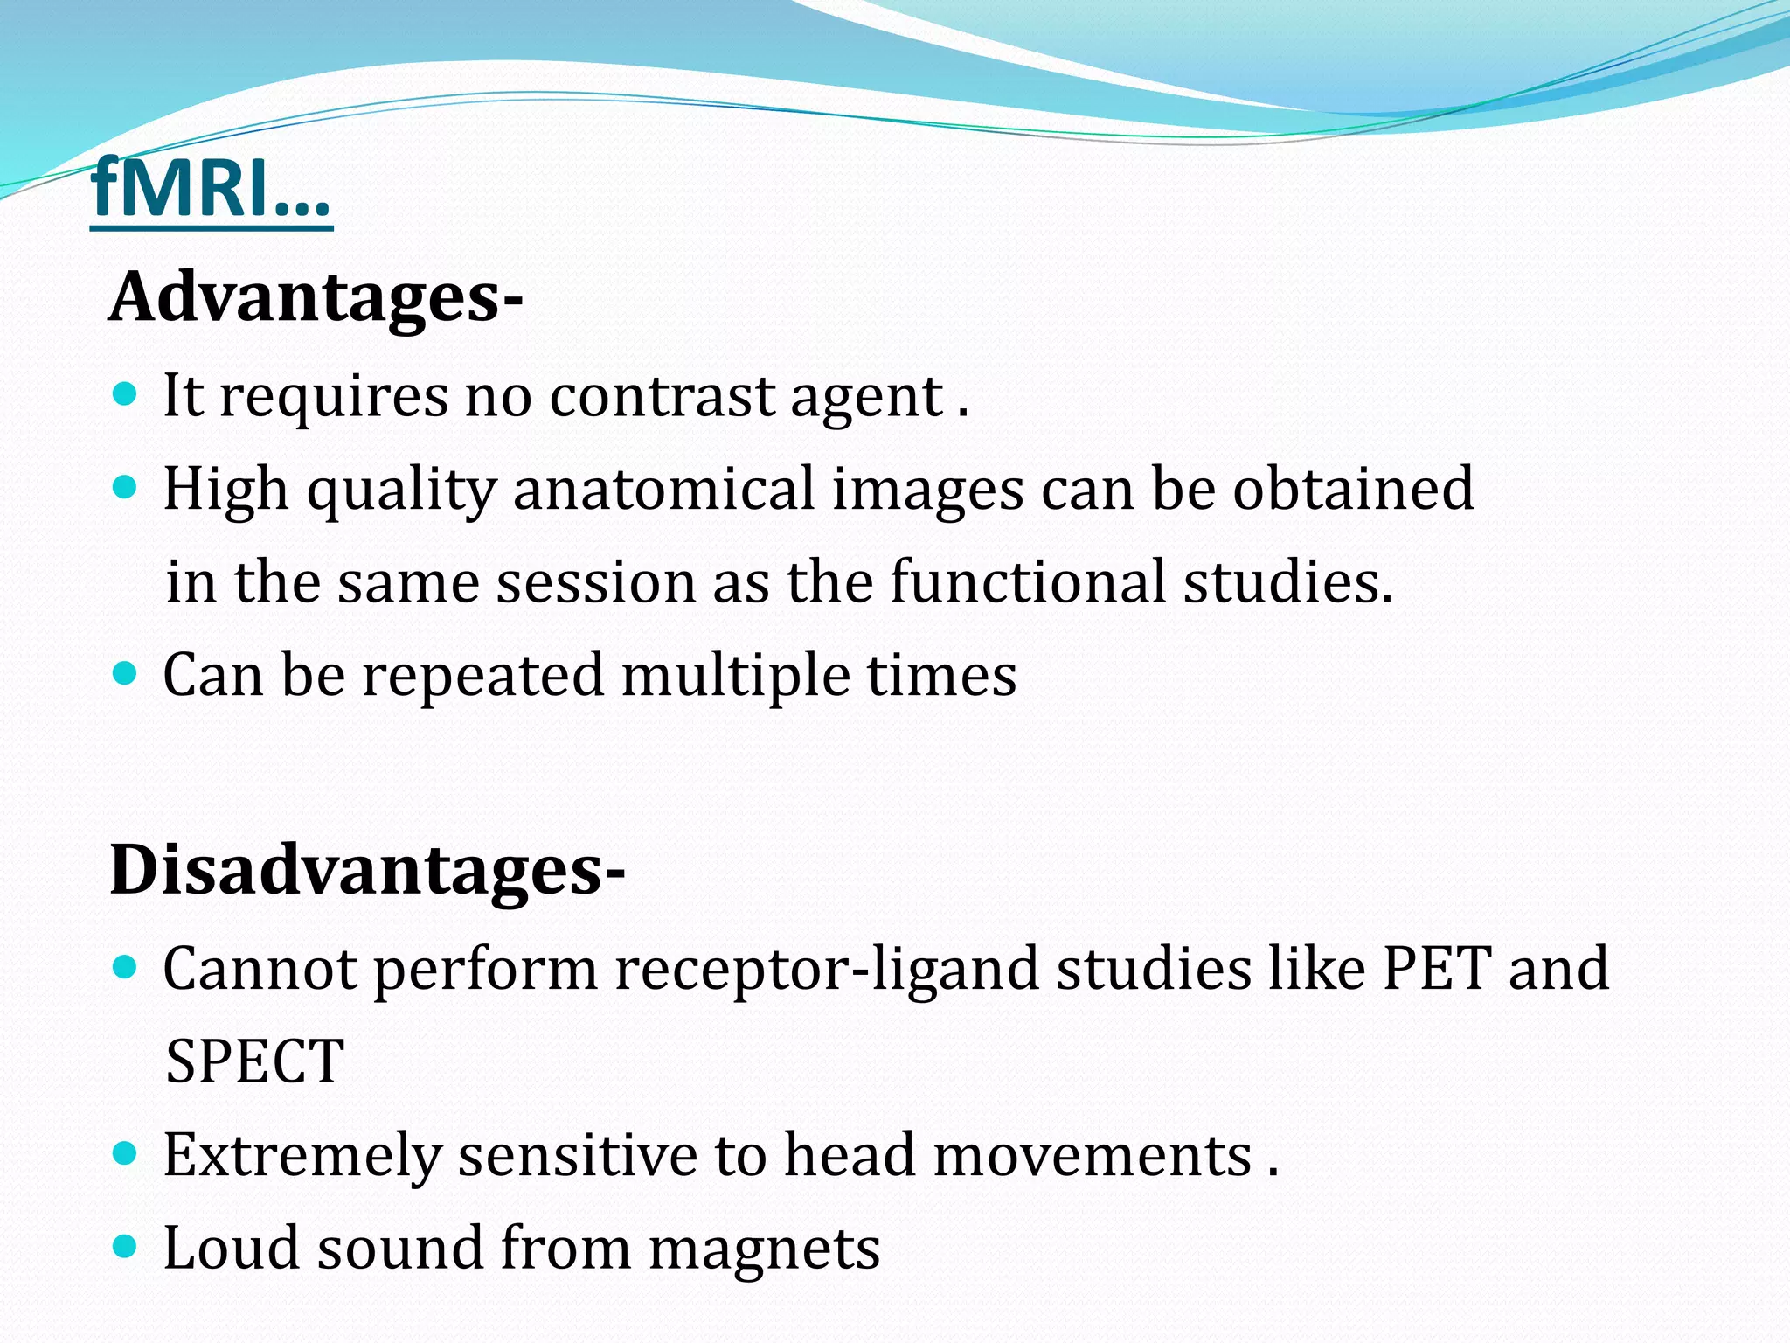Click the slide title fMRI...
click(x=210, y=188)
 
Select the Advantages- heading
click(x=316, y=297)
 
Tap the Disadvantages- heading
click(x=367, y=871)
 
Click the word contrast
click(x=662, y=396)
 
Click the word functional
click(x=1028, y=582)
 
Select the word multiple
click(x=735, y=676)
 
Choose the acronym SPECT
click(x=254, y=1061)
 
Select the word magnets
click(x=764, y=1249)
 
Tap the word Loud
click(x=232, y=1248)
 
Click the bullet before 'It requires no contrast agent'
click(x=126, y=394)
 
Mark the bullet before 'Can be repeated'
click(x=126, y=673)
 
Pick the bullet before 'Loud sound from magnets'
click(x=126, y=1245)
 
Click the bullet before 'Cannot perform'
click(x=126, y=966)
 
